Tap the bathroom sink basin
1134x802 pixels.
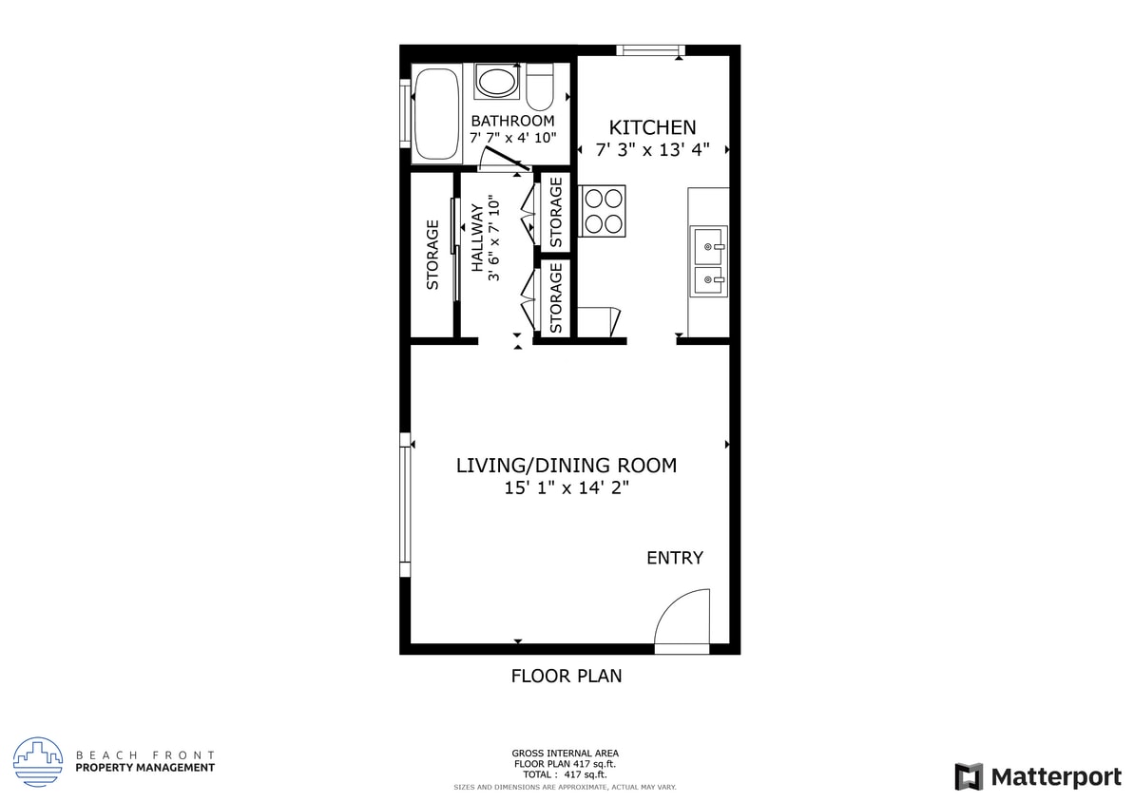(x=496, y=82)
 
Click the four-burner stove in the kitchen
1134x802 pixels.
(x=604, y=211)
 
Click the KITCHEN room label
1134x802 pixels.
(x=652, y=127)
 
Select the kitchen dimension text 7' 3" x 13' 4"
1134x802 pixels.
(x=652, y=150)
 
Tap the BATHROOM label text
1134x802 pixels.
(x=512, y=121)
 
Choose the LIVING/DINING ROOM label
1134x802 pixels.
(x=567, y=466)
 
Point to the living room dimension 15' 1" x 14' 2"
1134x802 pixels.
(x=567, y=488)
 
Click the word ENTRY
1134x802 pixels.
(x=675, y=558)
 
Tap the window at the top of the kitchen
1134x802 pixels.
(x=650, y=50)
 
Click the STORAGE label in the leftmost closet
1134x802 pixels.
(x=432, y=255)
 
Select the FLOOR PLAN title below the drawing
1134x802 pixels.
(x=567, y=677)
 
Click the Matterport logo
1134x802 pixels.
(x=1038, y=776)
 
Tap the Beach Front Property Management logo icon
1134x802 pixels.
(x=38, y=762)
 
